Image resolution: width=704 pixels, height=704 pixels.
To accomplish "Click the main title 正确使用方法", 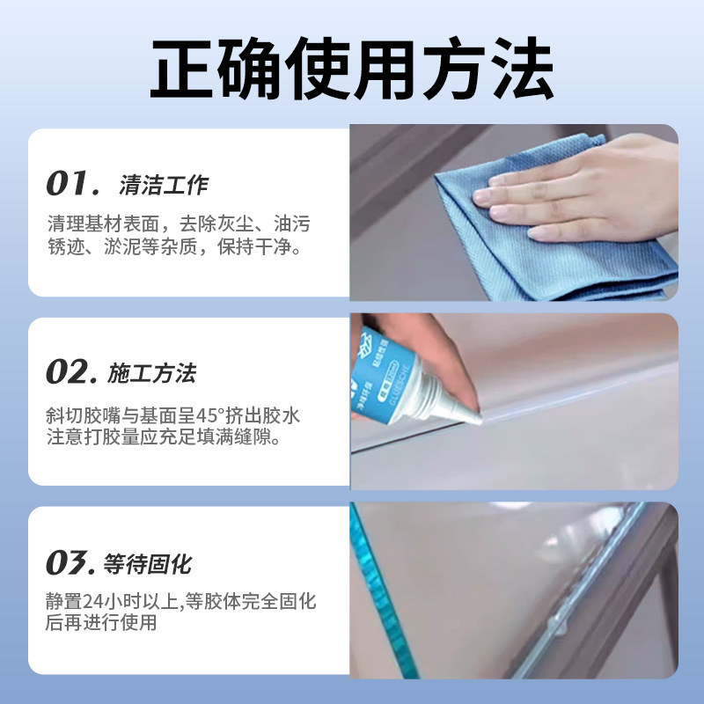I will (352, 68).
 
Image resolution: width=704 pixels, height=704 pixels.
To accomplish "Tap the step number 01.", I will (70, 185).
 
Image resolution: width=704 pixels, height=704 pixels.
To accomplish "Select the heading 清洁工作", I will (164, 186).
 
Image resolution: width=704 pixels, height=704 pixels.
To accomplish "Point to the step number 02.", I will (71, 373).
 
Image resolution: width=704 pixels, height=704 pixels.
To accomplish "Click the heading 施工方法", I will (151, 374).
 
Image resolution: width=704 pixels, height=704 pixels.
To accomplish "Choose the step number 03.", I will (70, 562).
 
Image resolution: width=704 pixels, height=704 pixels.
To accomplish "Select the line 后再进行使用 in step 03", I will (101, 623).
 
